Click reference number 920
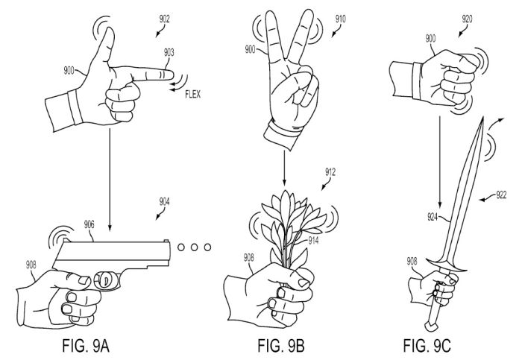point(468,19)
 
